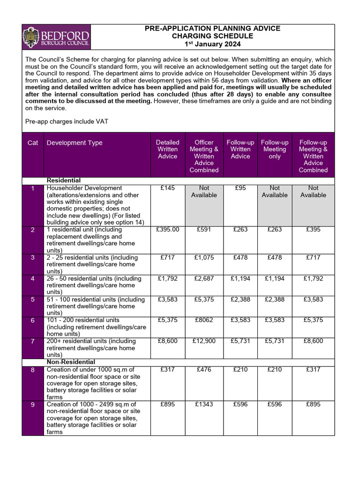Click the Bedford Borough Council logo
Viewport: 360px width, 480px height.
click(x=56, y=37)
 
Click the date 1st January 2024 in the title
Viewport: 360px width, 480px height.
click(x=212, y=44)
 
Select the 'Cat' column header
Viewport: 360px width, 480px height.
click(x=33, y=142)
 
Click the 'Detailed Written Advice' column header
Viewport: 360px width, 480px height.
click(x=167, y=149)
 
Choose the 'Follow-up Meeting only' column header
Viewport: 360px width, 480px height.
click(x=275, y=149)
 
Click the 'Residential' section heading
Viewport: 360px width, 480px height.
click(x=64, y=180)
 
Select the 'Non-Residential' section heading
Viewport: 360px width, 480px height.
click(x=71, y=362)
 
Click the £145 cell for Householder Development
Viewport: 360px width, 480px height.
click(x=167, y=188)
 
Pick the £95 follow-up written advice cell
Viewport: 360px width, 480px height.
click(x=240, y=188)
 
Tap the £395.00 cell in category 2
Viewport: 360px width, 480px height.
click(x=167, y=230)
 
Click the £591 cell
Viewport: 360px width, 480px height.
click(x=204, y=230)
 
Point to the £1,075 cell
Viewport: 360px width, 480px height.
click(x=204, y=257)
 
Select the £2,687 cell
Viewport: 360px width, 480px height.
click(x=204, y=278)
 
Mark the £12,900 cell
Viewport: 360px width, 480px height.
click(x=204, y=341)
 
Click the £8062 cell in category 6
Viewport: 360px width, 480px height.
click(x=204, y=320)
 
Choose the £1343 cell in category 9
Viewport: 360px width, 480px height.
click(x=204, y=404)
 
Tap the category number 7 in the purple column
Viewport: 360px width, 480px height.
click(x=33, y=341)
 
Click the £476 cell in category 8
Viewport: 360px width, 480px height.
click(x=204, y=369)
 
